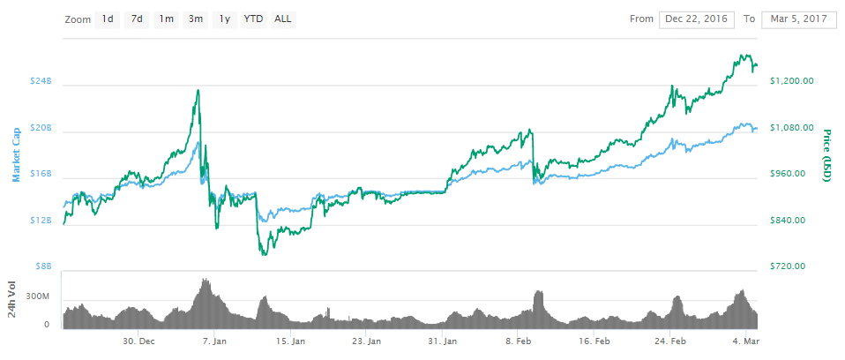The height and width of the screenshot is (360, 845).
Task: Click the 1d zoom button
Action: point(108,19)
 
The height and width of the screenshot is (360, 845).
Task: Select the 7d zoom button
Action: point(137,19)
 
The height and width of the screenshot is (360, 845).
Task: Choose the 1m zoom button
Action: point(166,19)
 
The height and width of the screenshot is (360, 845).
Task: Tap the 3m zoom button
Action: point(195,19)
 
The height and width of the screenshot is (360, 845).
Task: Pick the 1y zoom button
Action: point(224,19)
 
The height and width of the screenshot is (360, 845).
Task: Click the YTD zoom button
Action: point(253,19)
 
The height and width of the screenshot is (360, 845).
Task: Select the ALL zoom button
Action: point(283,19)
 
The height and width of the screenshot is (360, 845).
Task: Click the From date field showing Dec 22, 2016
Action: point(697,19)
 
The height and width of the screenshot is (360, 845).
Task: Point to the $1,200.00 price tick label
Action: point(791,81)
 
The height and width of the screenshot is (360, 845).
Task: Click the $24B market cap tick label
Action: point(41,81)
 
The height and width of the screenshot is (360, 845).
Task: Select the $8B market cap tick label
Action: point(43,266)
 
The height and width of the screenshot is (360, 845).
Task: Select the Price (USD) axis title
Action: point(827,156)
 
